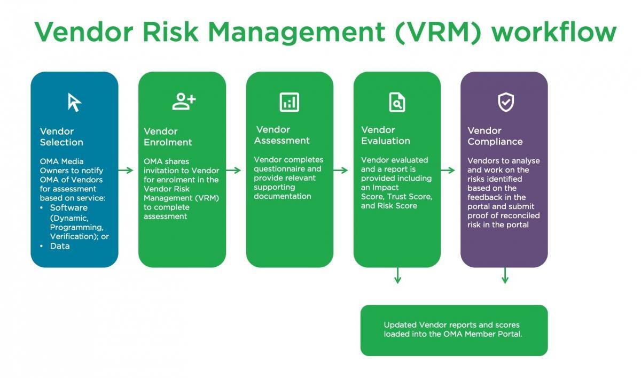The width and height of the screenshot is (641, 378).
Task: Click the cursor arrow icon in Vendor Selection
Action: (74, 102)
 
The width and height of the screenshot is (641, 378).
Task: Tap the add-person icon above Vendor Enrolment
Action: (184, 102)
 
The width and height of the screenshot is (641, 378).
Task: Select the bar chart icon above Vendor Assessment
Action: (290, 102)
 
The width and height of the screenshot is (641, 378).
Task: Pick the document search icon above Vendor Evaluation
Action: (397, 102)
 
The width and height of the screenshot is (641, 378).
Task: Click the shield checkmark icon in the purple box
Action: (506, 102)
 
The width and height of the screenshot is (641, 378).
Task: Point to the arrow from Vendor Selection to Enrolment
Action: (126, 171)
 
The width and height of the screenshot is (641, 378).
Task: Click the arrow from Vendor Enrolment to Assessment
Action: (233, 171)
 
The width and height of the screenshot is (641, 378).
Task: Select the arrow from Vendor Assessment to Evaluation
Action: (341, 171)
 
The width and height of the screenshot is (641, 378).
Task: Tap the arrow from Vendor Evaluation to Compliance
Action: (448, 171)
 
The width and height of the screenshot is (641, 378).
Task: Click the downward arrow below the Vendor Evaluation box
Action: (397, 275)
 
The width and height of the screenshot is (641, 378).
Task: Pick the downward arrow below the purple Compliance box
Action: (505, 275)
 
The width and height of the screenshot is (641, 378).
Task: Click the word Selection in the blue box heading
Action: (61, 142)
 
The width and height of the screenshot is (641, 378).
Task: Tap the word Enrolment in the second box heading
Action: (168, 142)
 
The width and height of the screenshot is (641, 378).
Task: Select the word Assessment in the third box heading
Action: (282, 141)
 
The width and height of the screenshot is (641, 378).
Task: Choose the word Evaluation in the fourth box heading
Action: (386, 141)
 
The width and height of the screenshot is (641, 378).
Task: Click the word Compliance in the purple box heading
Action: (495, 142)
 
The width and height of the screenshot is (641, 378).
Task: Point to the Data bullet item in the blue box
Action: (59, 246)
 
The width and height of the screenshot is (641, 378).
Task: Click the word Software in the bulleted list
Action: (69, 207)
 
